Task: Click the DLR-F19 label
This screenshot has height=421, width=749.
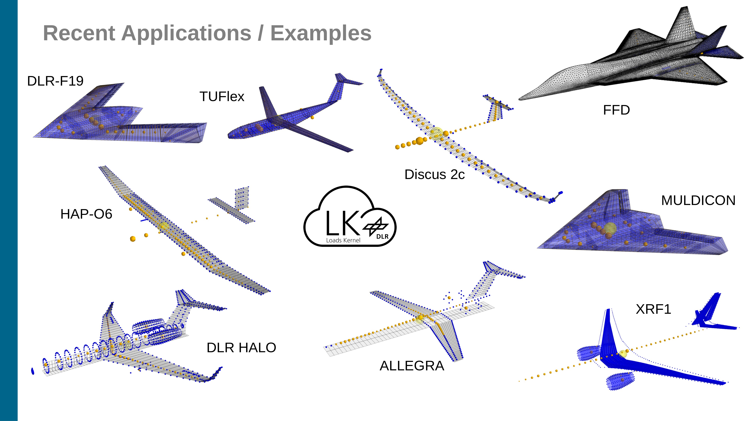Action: pos(55,81)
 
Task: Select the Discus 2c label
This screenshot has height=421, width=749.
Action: pos(434,175)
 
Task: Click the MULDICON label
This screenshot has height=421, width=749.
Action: pos(698,201)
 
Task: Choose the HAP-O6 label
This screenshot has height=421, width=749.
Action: pos(86,214)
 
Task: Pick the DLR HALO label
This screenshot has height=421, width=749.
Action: pos(241,348)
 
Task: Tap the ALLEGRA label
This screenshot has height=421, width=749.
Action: pos(412,366)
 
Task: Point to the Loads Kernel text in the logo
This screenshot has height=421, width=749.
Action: pos(343,240)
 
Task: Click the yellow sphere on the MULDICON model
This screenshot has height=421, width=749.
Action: pos(610,228)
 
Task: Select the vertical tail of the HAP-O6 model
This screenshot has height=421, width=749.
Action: pos(242,197)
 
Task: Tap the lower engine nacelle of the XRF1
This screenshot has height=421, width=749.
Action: pos(620,381)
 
